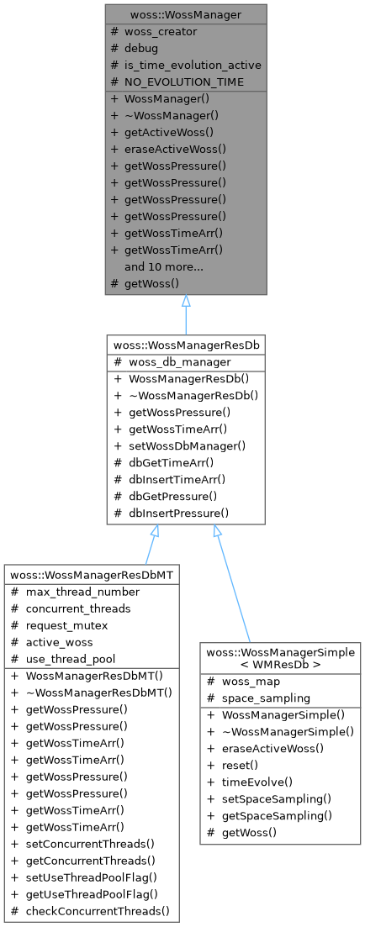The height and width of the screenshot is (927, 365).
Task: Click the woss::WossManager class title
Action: (x=186, y=15)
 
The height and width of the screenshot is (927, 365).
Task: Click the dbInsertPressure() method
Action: (x=177, y=513)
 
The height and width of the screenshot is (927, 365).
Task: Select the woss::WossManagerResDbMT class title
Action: (x=92, y=576)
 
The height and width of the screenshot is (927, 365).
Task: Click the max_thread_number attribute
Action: (x=81, y=592)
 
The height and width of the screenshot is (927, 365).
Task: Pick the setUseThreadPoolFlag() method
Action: (x=93, y=877)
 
